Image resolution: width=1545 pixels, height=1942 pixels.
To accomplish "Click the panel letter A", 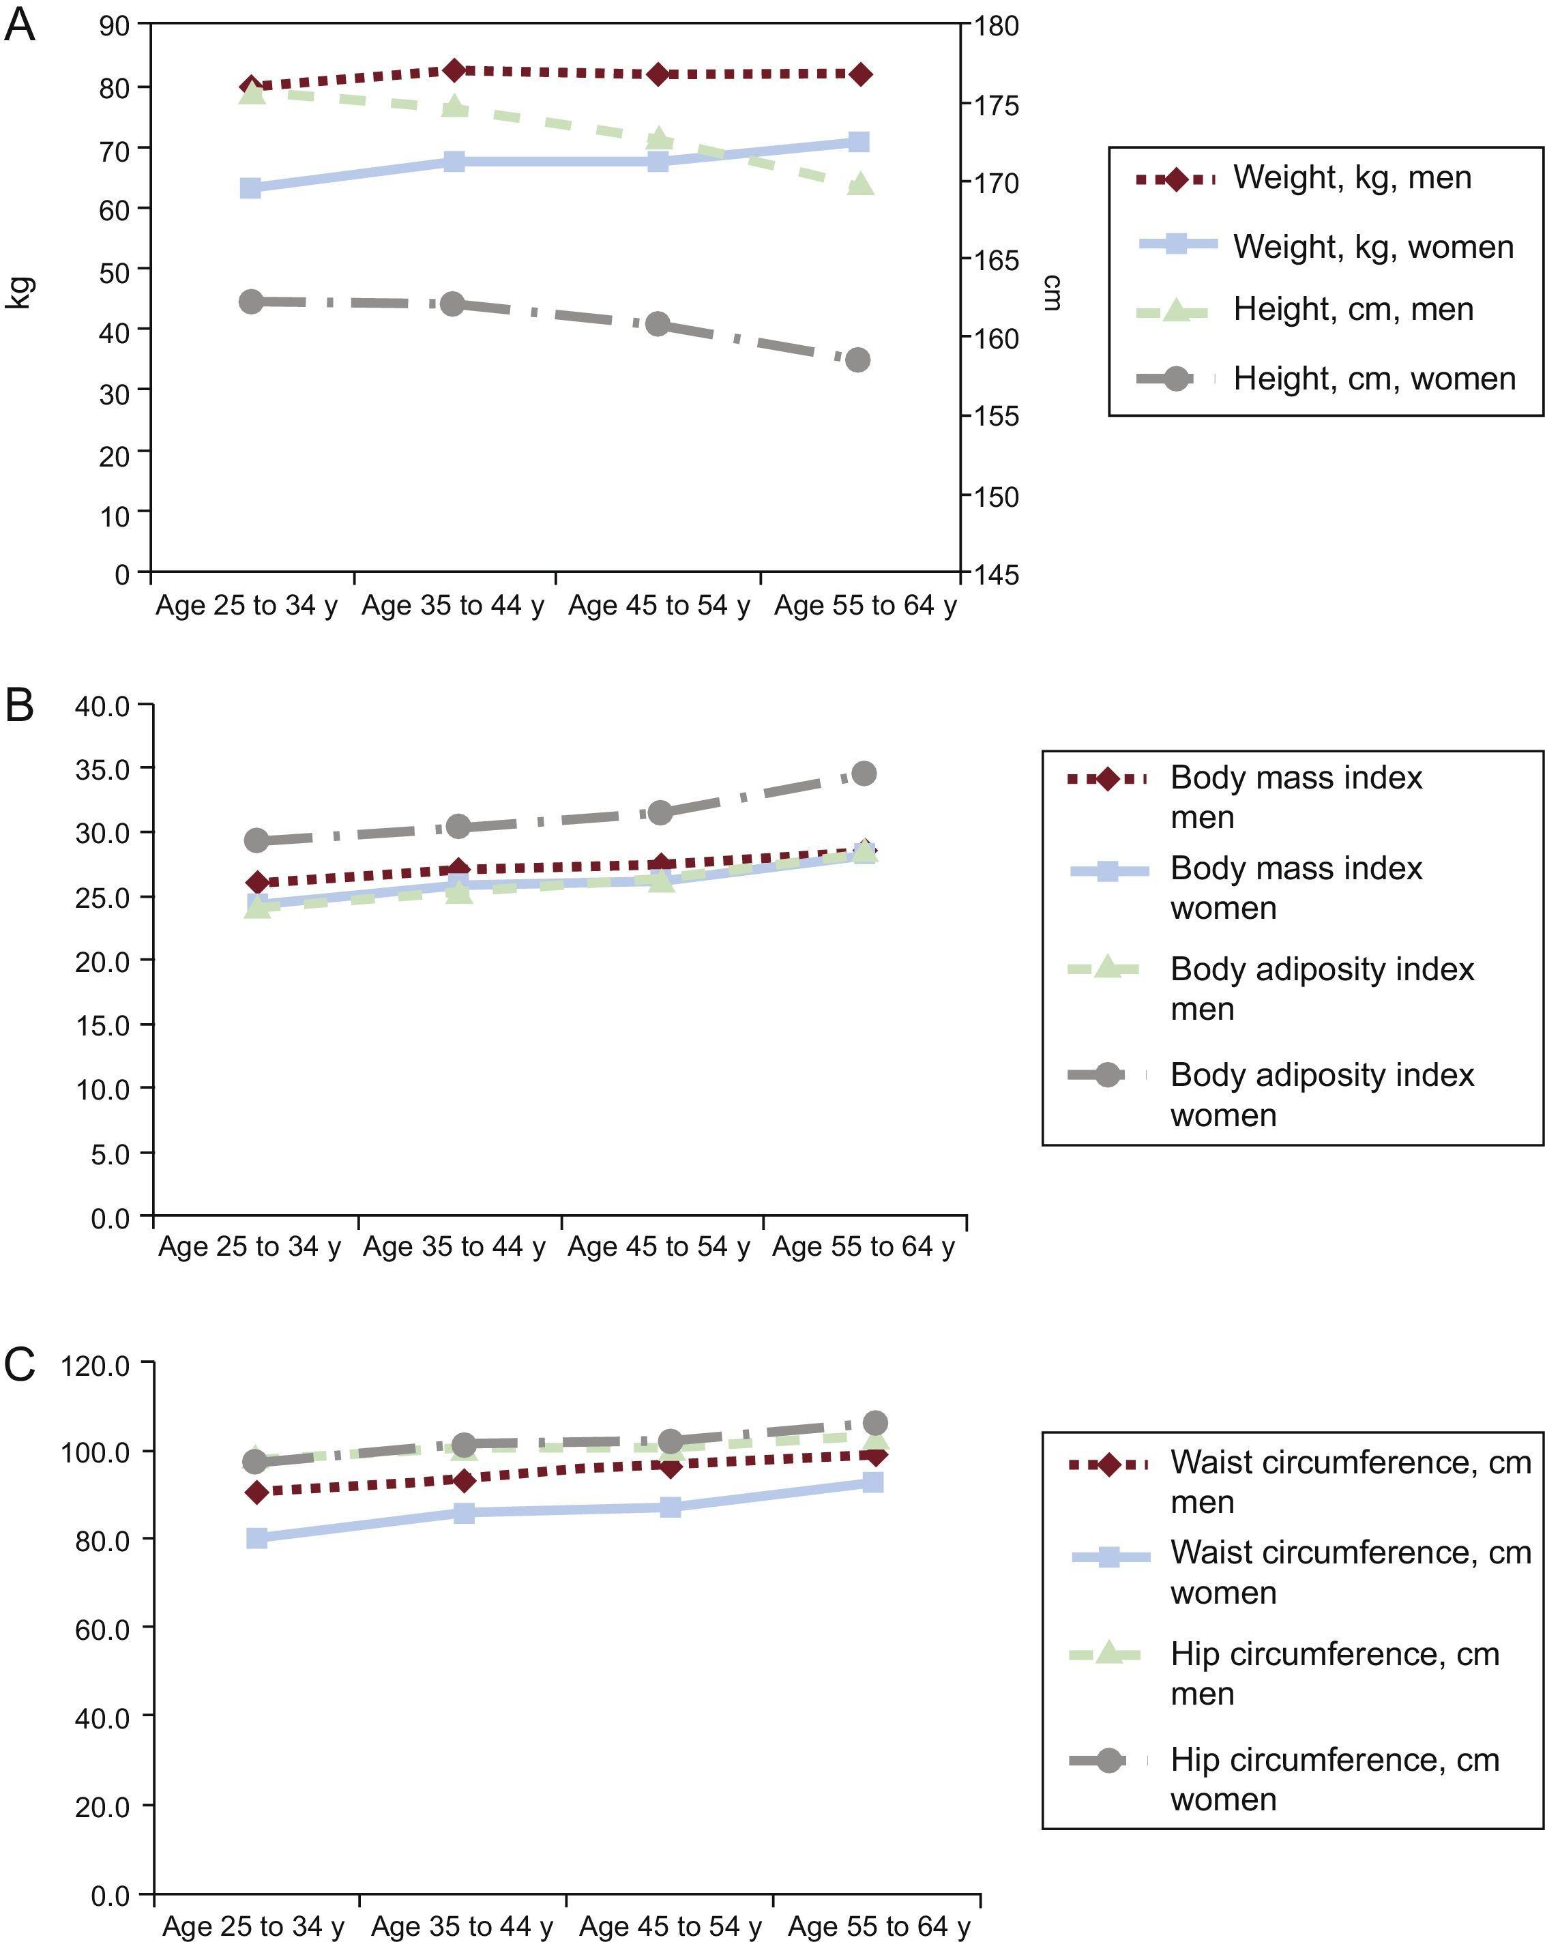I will (20, 25).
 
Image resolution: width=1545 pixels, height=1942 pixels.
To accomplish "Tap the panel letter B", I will (20, 705).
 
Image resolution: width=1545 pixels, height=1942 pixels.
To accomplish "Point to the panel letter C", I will (20, 1365).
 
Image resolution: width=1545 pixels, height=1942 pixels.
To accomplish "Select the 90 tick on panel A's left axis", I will (115, 25).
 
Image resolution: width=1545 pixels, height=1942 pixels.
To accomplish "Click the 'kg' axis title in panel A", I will (20, 293).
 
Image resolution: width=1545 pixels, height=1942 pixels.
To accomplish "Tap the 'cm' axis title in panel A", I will (1050, 293).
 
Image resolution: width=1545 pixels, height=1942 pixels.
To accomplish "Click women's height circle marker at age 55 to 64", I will (859, 360).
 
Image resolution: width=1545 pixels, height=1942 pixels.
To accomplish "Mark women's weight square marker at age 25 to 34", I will (251, 188).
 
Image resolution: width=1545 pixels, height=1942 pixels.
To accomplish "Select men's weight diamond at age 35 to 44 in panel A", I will (455, 70).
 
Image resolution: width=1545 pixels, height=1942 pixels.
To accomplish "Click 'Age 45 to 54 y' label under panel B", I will (658, 1248).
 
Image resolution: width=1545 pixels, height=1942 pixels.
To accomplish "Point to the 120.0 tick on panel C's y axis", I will (95, 1366).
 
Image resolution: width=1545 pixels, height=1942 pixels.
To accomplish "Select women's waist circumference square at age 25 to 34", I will (256, 1538).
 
